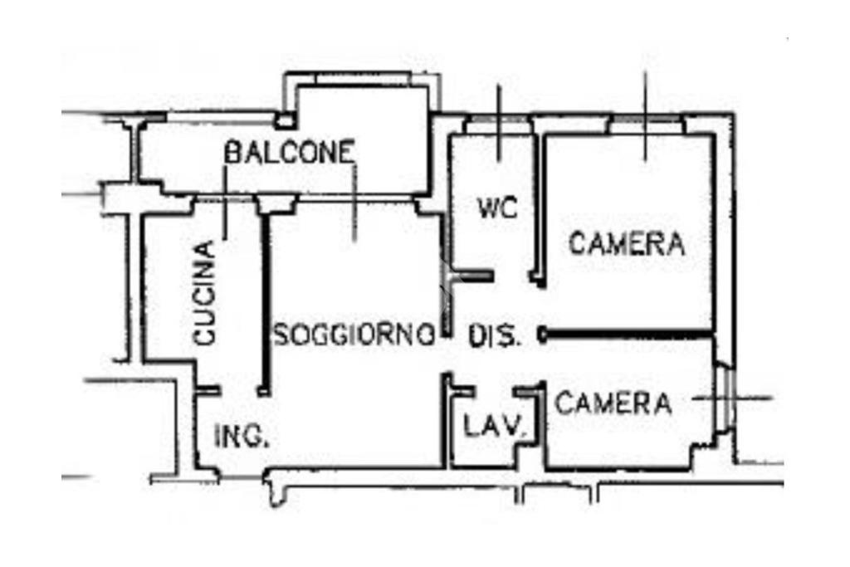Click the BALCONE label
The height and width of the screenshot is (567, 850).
click(x=290, y=152)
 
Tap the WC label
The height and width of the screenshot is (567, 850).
click(x=498, y=208)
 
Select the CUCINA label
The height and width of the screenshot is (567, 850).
click(x=205, y=293)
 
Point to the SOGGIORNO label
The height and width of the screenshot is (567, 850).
click(x=354, y=335)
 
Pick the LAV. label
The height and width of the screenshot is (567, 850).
click(x=496, y=426)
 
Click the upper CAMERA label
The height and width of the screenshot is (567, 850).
click(x=627, y=243)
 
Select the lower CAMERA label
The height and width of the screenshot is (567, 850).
click(x=613, y=403)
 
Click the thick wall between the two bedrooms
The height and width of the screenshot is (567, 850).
click(x=627, y=334)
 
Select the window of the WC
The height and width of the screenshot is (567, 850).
click(x=499, y=119)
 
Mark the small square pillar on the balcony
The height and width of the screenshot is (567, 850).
click(x=284, y=120)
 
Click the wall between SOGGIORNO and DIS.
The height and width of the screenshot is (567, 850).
click(x=446, y=276)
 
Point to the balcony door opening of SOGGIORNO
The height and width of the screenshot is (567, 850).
click(x=355, y=199)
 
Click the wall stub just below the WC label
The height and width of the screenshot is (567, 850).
click(x=472, y=276)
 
